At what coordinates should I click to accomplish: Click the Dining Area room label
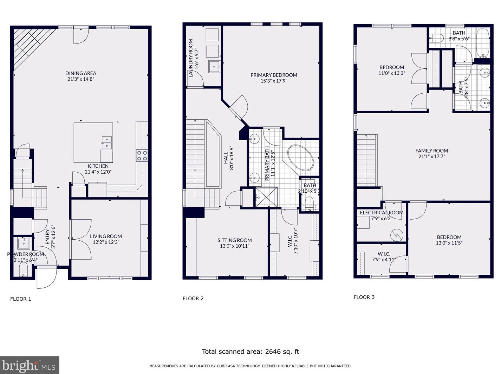pos(80,73)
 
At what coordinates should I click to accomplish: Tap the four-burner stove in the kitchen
pos(142,156)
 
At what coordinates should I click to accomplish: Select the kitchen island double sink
pos(106,143)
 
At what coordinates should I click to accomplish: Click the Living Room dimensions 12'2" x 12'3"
pos(106,242)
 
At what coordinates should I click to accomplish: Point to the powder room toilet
pos(23,269)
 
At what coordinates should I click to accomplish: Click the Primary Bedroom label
pos(274,75)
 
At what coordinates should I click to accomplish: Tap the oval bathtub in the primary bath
pos(300,158)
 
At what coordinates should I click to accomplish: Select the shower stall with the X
pos(266,197)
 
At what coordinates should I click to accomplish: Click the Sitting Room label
pos(234,240)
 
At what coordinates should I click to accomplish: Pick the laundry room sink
pos(214,67)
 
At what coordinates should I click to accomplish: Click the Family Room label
pos(431,151)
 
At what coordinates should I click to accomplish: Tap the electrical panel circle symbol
pos(397,235)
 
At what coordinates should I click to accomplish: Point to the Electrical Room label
pos(382,213)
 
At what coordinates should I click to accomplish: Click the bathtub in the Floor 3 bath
pos(483,43)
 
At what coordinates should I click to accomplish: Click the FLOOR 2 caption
pos(193,298)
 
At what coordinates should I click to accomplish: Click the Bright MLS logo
pos(30,365)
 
